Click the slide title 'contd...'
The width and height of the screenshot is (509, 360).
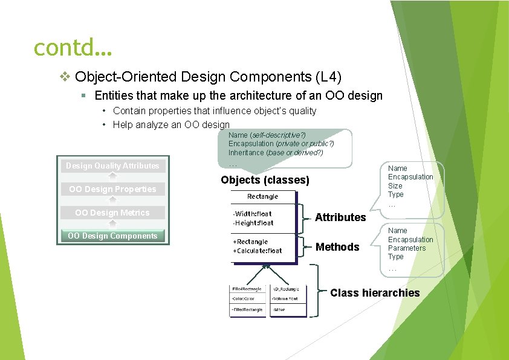(73, 47)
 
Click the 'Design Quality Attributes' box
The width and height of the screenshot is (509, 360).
(112, 166)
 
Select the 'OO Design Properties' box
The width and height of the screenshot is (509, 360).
(112, 189)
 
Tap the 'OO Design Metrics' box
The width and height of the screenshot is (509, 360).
(112, 213)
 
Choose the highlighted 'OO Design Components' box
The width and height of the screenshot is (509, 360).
(112, 236)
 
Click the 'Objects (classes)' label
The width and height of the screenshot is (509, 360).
(265, 180)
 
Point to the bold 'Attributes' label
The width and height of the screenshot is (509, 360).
(340, 217)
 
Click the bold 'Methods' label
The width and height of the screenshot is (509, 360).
(337, 247)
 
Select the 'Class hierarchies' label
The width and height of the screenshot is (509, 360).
(374, 293)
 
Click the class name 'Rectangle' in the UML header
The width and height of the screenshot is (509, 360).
(262, 196)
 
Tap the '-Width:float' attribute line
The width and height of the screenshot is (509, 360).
(252, 214)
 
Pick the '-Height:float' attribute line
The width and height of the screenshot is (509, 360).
(253, 223)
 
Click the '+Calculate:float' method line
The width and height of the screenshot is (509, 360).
(258, 251)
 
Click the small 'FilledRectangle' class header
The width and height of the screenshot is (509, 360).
(247, 289)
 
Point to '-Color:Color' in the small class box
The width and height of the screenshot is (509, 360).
(244, 298)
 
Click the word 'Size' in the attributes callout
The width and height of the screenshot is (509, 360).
(395, 185)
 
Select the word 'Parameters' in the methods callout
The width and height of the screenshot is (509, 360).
(406, 248)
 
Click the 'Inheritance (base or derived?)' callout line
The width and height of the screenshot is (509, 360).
(275, 153)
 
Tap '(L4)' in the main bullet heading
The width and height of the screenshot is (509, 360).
(328, 77)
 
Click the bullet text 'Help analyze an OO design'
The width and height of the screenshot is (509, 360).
(171, 124)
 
